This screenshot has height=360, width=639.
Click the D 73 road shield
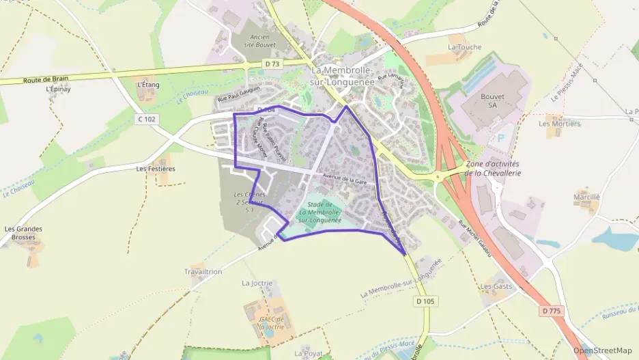point(272,64)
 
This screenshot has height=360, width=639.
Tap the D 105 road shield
point(425,301)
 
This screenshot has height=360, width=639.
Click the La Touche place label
point(464,47)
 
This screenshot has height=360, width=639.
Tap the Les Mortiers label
point(559,124)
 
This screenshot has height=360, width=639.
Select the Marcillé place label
point(586,197)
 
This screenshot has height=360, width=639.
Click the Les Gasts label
point(496,286)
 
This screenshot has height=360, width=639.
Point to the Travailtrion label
point(203,271)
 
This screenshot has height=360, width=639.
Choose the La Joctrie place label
point(257,283)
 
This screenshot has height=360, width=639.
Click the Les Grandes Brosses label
point(20,233)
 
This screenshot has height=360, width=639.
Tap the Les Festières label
point(156,168)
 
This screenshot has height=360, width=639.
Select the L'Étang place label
point(147,85)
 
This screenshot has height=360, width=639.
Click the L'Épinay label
point(58,89)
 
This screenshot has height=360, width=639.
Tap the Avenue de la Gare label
point(345,179)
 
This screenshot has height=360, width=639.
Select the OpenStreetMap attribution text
point(603,350)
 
